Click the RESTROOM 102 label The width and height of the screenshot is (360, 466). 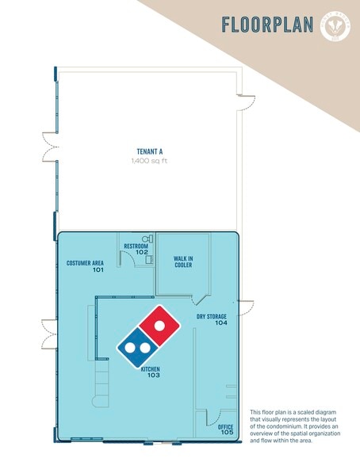136,249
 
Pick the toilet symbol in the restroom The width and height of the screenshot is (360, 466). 146,238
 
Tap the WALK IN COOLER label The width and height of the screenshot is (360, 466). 183,262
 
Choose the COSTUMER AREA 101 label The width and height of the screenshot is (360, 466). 86,266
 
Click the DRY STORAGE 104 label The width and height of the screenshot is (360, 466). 212,319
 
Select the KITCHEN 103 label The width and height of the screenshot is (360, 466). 151,372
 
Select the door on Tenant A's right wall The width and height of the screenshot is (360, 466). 247,102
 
